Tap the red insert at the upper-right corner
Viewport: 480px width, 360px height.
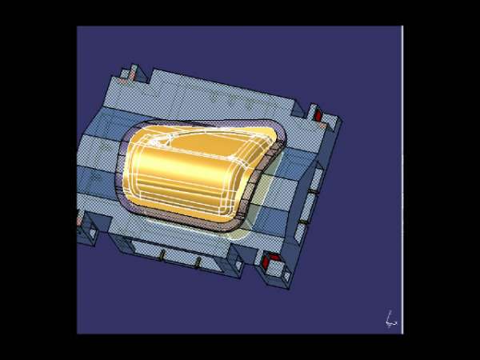[318, 117]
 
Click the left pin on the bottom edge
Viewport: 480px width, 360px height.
[162, 254]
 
